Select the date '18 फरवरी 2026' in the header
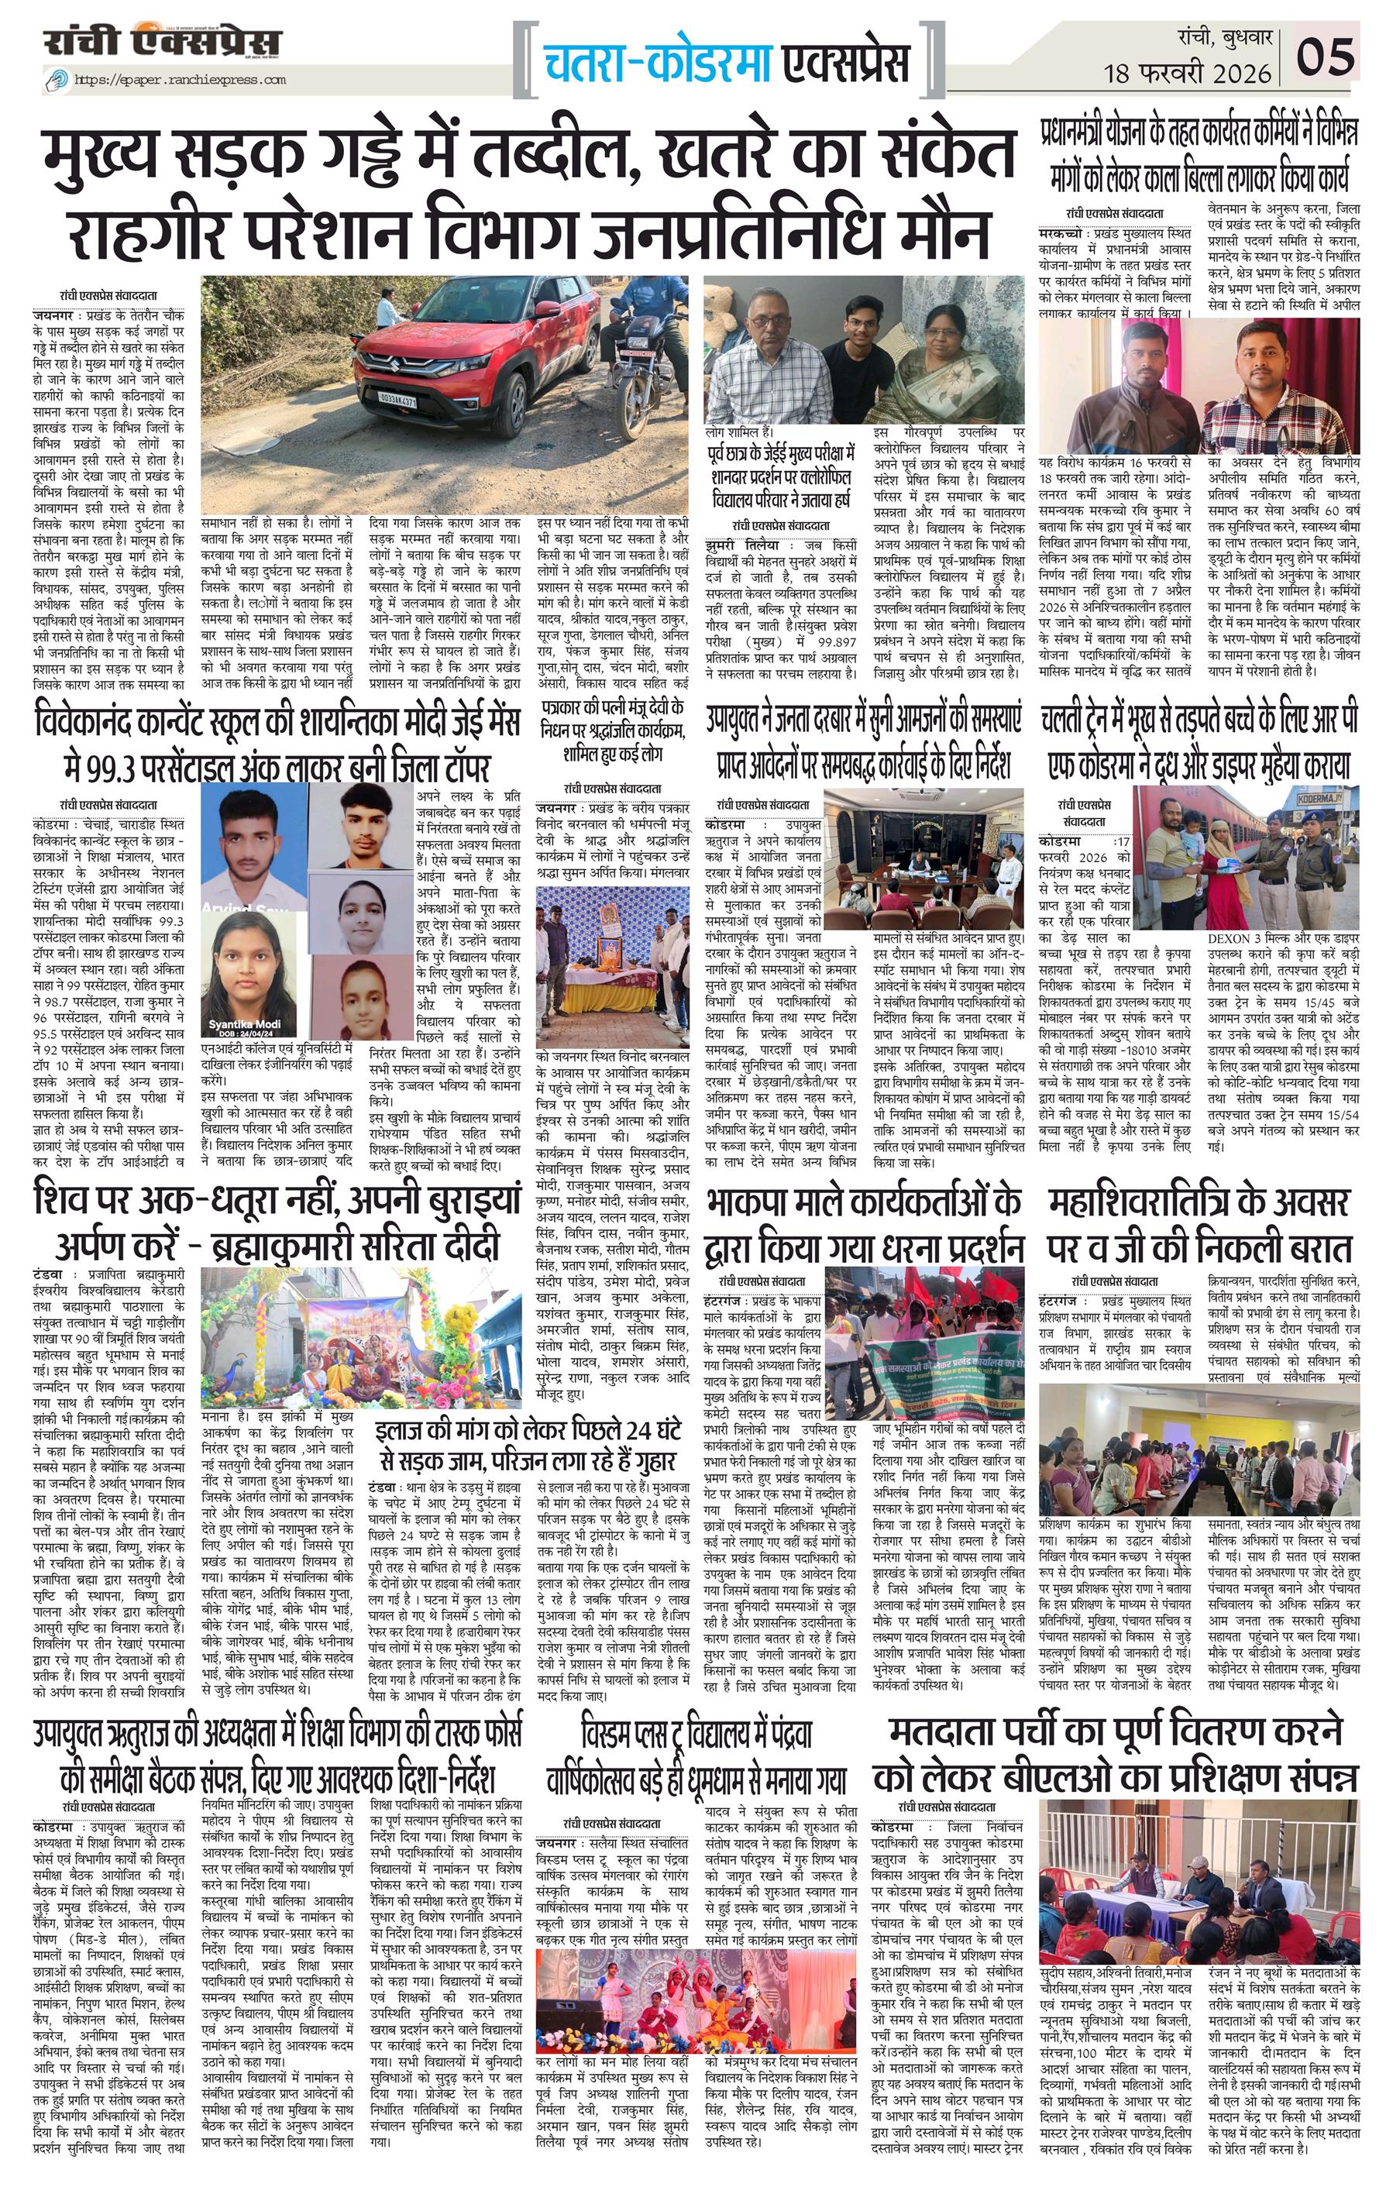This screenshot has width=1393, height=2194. coord(1192,72)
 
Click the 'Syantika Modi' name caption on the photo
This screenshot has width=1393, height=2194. coord(244,1024)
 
